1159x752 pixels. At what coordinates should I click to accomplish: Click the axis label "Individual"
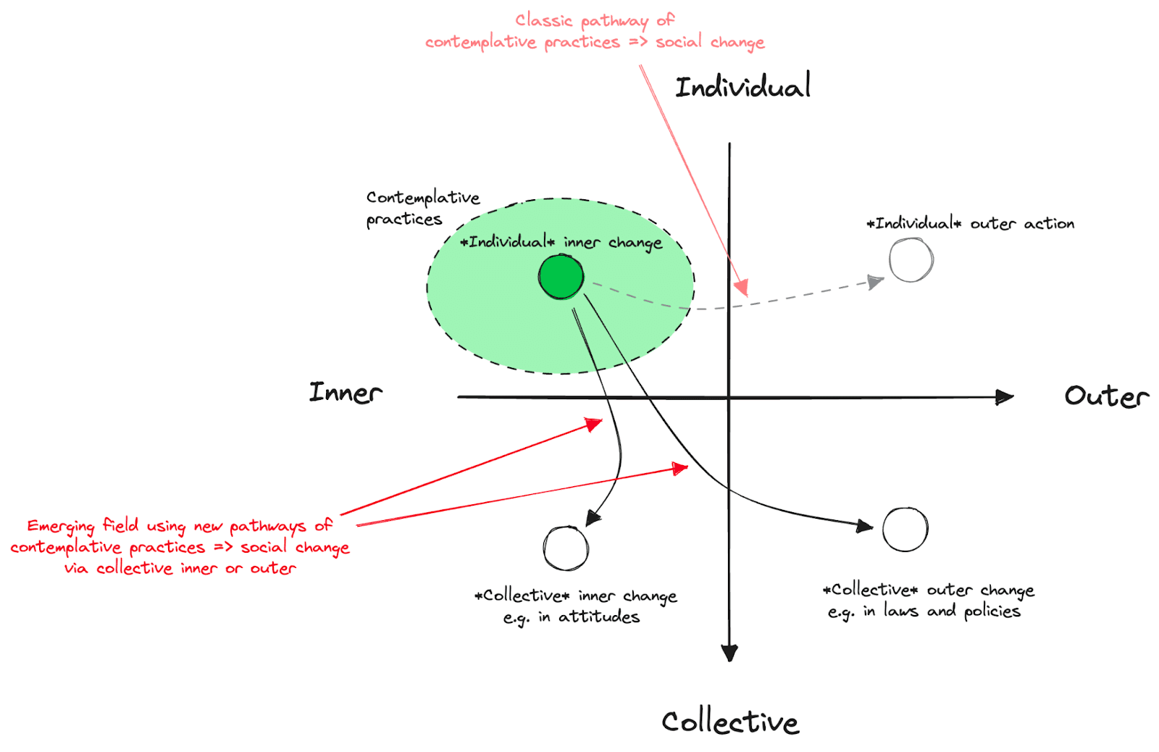click(742, 87)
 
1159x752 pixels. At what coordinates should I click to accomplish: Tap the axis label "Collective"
click(730, 722)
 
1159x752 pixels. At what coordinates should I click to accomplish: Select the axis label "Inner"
click(346, 393)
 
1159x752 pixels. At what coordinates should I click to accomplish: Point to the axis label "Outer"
click(1106, 396)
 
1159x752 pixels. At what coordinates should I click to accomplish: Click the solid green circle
click(561, 277)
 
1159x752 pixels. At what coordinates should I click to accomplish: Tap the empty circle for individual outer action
click(911, 260)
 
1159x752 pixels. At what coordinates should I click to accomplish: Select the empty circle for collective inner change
click(566, 548)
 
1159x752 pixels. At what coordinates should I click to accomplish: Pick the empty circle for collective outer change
click(905, 530)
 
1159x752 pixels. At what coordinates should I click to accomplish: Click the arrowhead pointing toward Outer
click(1005, 397)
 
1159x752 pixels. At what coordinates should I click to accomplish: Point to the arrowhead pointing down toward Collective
click(729, 652)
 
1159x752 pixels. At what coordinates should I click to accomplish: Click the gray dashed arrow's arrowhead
click(876, 281)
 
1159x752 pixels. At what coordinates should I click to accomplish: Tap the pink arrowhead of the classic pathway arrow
click(741, 288)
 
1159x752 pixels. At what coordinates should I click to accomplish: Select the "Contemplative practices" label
click(422, 208)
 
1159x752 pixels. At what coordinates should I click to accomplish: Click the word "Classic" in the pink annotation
click(543, 20)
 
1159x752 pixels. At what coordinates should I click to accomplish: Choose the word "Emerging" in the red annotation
click(61, 527)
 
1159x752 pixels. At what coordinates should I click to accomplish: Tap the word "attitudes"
click(599, 617)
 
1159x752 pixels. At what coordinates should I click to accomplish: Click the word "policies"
click(992, 611)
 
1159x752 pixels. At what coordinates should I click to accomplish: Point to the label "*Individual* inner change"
click(561, 242)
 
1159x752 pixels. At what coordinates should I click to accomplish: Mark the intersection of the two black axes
click(729, 397)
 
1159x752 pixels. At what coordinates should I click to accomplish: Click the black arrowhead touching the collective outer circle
click(864, 526)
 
